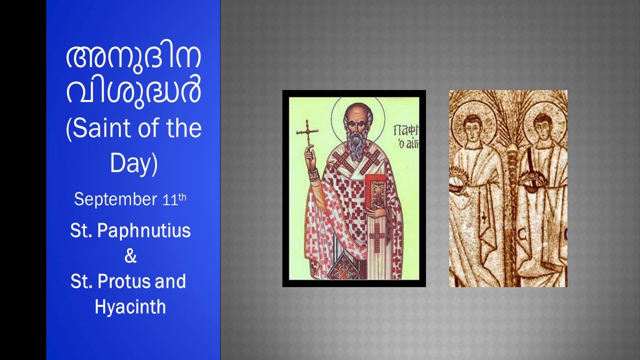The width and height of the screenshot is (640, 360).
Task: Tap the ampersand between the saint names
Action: pos(130,256)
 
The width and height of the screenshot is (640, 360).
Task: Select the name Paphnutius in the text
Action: pos(144,230)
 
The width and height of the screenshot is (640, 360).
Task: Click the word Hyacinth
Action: pos(130,306)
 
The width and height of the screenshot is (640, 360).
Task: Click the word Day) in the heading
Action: pos(133,163)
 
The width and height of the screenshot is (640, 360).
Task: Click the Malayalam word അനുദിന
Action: pos(133,57)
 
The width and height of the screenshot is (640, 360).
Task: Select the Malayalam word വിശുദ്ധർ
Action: pos(133,91)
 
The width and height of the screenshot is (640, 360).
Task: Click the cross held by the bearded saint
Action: pos(307,132)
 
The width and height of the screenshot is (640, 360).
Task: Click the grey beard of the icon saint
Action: pos(356,144)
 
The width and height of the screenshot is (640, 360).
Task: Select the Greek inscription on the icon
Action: pos(403,137)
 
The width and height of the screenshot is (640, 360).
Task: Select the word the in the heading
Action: pos(181,128)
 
